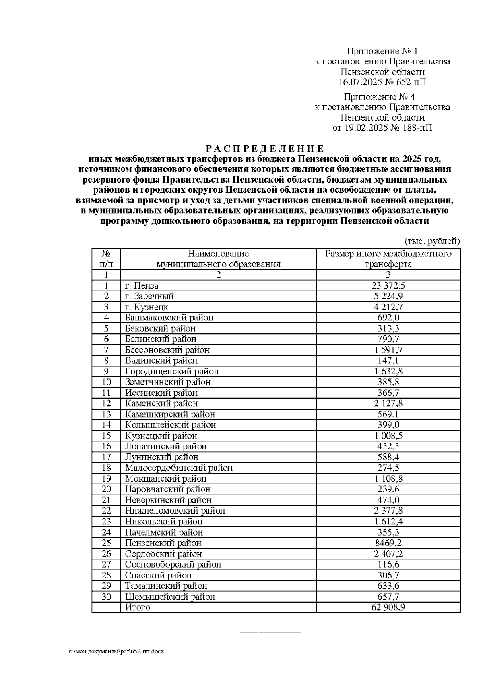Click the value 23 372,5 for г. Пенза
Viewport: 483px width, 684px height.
coord(388,286)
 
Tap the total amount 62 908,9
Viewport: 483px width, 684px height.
coord(388,607)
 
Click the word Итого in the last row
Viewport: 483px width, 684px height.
coord(137,607)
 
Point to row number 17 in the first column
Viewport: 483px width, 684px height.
coord(106,457)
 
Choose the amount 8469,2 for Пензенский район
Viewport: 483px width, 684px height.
coord(388,543)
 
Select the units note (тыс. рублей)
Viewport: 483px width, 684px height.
coord(431,241)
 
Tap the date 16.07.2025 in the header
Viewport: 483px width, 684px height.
coord(359,83)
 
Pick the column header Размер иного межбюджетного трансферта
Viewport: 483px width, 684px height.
coord(388,259)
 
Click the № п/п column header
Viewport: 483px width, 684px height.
coord(106,259)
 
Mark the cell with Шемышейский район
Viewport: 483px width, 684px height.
coord(170,597)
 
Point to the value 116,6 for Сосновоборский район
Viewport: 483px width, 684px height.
coord(388,564)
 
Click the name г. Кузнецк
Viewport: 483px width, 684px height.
coord(144,307)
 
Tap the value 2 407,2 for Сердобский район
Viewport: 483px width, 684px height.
coord(388,554)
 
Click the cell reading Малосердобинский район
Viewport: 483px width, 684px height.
coord(179,468)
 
